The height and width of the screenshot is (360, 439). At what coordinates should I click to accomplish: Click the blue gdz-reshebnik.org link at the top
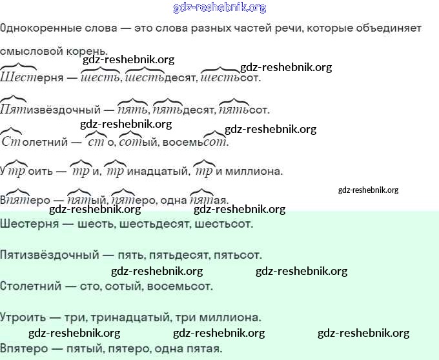click(219, 8)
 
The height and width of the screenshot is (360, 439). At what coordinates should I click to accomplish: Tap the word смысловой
click(31, 51)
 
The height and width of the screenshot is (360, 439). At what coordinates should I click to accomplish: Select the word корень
click(87, 52)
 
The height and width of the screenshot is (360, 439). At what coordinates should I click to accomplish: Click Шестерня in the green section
click(30, 224)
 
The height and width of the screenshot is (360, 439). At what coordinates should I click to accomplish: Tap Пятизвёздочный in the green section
click(49, 255)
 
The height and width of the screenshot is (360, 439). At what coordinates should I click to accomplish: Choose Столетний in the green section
click(30, 286)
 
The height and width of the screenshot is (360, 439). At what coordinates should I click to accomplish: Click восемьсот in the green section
click(179, 286)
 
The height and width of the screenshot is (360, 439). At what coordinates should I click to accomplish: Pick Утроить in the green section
click(23, 317)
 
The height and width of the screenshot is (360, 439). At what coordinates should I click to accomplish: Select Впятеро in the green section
click(24, 349)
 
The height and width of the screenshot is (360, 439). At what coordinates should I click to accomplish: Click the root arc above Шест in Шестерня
click(19, 66)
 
